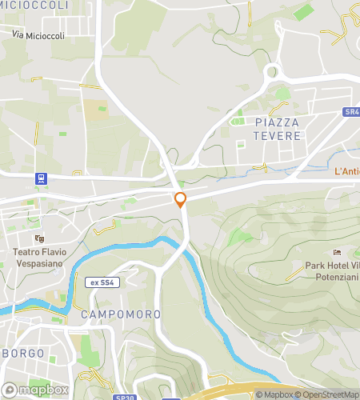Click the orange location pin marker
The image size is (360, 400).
click(180, 200)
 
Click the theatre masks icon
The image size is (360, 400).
click(38, 238)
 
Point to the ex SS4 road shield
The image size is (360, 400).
click(102, 282)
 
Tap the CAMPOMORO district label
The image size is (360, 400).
click(121, 314)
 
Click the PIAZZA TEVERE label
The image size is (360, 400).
click(278, 129)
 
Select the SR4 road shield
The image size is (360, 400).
click(352, 113)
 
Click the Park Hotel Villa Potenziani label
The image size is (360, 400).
click(332, 272)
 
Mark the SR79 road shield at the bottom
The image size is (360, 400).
click(123, 397)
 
